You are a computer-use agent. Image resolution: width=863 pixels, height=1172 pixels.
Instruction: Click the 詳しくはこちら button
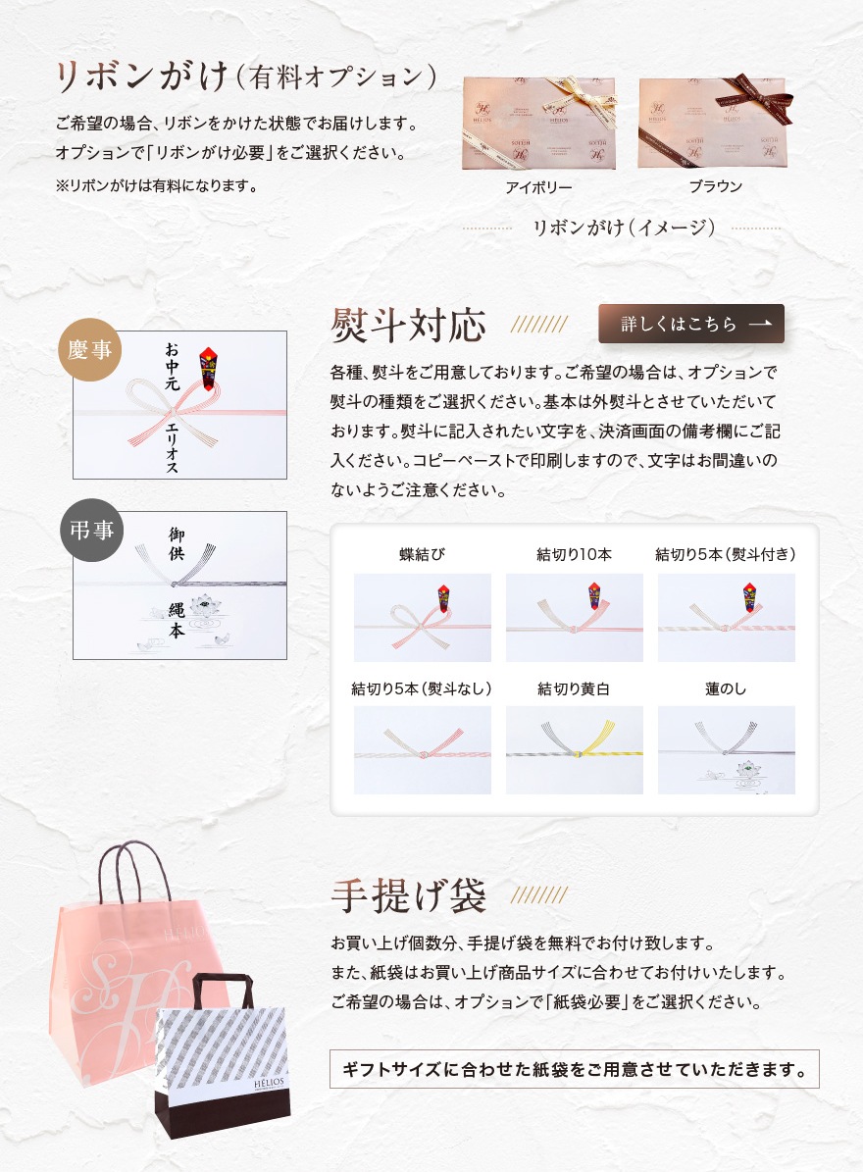[691, 324]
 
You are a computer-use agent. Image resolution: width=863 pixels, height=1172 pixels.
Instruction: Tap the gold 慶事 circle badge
[89, 349]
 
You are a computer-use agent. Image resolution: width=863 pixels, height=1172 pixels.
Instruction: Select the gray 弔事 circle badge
[91, 530]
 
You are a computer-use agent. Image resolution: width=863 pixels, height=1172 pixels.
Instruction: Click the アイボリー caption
[538, 187]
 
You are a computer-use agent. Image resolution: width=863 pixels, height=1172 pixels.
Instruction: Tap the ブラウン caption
[715, 186]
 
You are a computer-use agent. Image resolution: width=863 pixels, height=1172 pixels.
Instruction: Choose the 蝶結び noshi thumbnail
[422, 618]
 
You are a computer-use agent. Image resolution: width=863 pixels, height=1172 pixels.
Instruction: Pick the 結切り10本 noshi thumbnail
[574, 618]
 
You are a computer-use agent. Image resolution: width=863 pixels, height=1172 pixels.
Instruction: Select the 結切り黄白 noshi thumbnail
[574, 749]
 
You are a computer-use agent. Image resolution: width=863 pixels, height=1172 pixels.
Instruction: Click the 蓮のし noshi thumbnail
[727, 749]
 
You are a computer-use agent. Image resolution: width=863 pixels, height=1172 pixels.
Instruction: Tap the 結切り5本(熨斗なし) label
[422, 688]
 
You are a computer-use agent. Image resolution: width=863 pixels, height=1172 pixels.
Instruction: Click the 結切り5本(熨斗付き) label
[726, 554]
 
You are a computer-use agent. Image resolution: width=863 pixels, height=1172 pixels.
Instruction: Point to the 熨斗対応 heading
[409, 325]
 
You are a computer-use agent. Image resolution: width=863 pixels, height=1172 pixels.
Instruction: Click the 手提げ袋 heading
[409, 895]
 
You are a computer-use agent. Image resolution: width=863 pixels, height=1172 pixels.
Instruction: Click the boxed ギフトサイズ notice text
[574, 1069]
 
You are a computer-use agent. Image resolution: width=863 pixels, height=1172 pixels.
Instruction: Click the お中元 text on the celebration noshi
[172, 367]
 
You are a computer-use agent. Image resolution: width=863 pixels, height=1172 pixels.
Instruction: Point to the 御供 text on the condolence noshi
[177, 543]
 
